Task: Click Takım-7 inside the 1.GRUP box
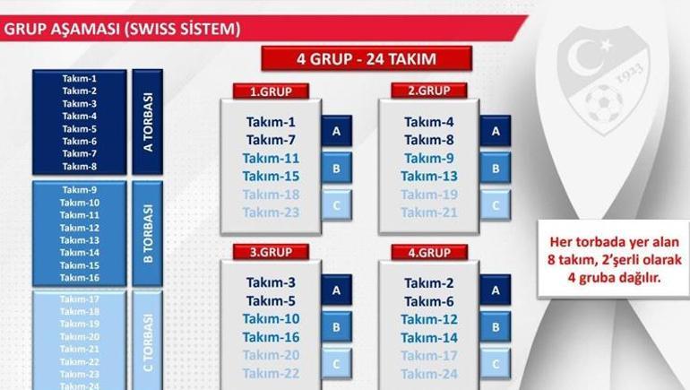(271, 140)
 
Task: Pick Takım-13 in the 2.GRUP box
(429, 176)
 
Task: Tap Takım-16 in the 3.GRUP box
(271, 337)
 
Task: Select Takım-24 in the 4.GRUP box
(429, 373)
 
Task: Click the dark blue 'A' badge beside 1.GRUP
(336, 131)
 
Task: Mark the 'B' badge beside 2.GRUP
(495, 168)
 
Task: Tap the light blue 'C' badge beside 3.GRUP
(336, 364)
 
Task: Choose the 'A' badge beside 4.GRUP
(495, 290)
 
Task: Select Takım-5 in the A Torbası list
(80, 128)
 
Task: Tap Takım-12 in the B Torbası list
(80, 228)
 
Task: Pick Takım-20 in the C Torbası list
(80, 336)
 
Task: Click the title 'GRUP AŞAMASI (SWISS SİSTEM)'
(123, 29)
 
